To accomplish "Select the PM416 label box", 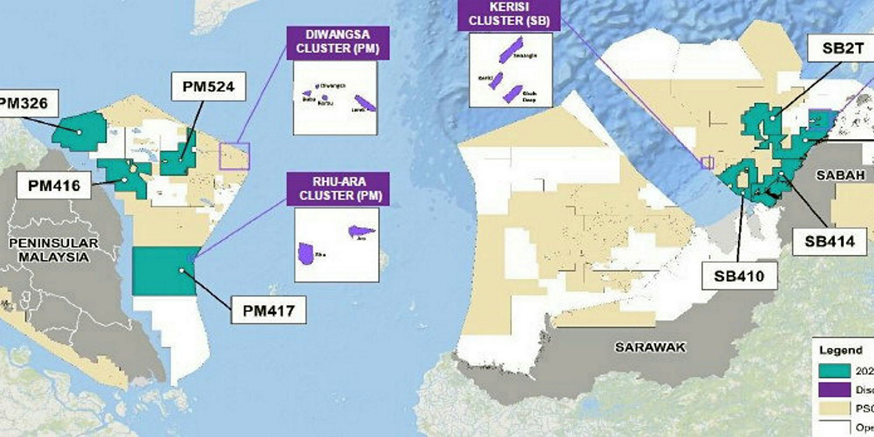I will (x=54, y=185).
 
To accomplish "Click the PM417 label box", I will (x=268, y=311).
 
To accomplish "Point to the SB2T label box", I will (x=842, y=48).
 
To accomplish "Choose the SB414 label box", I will (x=829, y=241).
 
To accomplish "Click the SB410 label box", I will (x=739, y=276).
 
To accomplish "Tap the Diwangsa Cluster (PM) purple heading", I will (x=338, y=42).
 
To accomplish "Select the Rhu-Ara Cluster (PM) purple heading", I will (x=338, y=189).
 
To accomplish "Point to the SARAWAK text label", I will (x=650, y=347).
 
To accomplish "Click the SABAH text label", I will (x=840, y=175).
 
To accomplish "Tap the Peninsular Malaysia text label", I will (x=53, y=250).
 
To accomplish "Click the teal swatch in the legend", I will (x=834, y=371).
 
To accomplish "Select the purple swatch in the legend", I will (x=834, y=389).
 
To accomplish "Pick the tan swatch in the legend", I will (x=834, y=408).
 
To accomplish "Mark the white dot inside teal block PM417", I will (x=181, y=271).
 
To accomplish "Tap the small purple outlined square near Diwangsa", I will (x=234, y=156).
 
